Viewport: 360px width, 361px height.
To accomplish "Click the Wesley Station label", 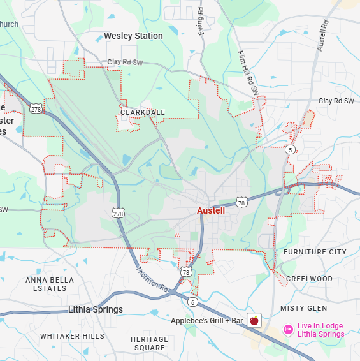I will (x=133, y=36).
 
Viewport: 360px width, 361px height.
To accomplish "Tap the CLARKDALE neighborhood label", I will (x=143, y=112).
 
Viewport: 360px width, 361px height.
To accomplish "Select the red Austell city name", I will (x=210, y=210).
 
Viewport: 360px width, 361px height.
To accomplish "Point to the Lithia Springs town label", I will (x=96, y=309).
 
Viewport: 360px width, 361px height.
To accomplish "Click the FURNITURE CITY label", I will (x=315, y=252).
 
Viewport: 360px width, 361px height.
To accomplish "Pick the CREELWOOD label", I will (x=309, y=279).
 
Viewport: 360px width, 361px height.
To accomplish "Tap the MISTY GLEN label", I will (x=303, y=308).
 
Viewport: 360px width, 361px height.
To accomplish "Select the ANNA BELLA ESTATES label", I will (x=50, y=284).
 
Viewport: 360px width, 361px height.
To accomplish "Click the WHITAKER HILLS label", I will (x=72, y=335).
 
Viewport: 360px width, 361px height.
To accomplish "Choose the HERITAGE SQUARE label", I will (x=149, y=343).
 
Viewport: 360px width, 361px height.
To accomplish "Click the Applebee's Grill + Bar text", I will (x=207, y=320).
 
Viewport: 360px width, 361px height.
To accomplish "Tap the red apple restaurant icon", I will (x=254, y=320).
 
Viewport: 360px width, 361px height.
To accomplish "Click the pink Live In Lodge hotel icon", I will (x=287, y=330).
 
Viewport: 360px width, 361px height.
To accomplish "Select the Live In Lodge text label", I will (x=320, y=330).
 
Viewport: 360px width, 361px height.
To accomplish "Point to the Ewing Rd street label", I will (x=201, y=22).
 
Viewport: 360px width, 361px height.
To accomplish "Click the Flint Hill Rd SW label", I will (x=250, y=73).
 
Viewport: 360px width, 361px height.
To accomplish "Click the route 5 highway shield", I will (x=290, y=149).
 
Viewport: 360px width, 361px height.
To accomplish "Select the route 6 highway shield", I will (x=192, y=302).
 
